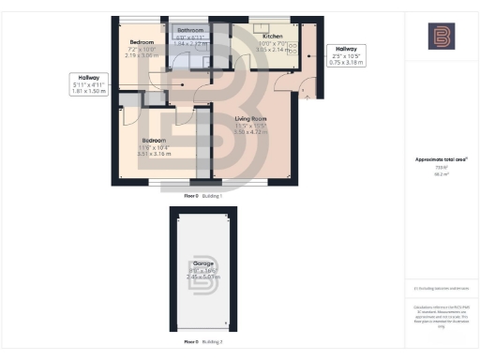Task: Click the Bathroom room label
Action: point(189,30)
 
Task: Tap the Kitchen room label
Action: point(271,36)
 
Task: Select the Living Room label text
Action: point(250,119)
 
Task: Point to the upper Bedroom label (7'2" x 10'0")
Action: point(142,42)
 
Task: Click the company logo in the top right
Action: point(441,37)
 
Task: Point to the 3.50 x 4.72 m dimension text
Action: point(250,133)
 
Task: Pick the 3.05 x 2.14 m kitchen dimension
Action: point(271,49)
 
